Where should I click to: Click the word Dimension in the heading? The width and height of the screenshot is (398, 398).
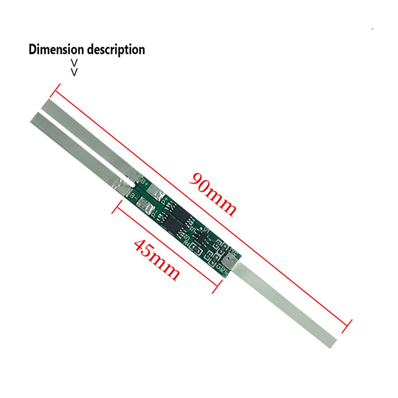point(56,50)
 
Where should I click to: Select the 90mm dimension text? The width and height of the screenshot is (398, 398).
point(213,193)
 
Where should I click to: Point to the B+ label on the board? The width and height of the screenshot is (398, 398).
point(145,181)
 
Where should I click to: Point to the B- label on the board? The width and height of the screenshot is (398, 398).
point(133,194)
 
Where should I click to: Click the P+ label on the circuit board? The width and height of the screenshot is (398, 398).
point(165,202)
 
